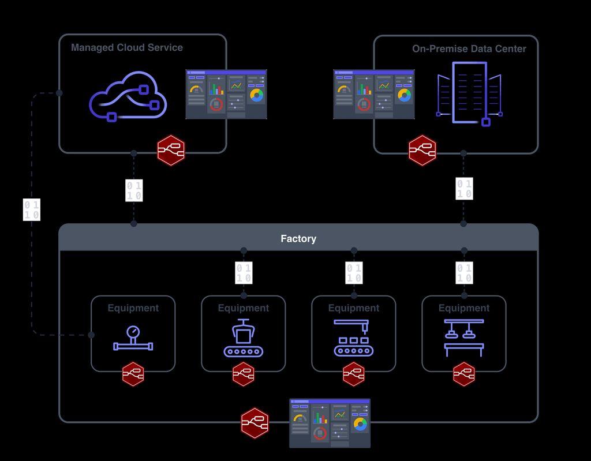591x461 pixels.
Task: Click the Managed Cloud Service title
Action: coord(126,48)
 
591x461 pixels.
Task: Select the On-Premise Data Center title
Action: coord(469,49)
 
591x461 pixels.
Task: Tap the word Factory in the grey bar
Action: coord(298,238)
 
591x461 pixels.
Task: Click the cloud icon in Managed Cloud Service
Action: coord(128,96)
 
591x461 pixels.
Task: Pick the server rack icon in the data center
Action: coord(469,93)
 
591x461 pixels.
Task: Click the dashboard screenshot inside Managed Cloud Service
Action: coord(226,94)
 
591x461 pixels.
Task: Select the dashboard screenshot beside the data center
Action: coord(373,94)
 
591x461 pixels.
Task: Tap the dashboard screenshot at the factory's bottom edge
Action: coord(330,423)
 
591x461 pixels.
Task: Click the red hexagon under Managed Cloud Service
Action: coord(171,151)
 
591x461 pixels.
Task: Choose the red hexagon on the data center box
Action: coord(422,151)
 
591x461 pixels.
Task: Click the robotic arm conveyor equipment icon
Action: coord(354,338)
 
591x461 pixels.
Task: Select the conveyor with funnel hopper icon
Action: coord(243,338)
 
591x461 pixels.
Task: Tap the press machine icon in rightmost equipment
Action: coord(464,338)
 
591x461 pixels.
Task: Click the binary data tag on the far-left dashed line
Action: coord(32,210)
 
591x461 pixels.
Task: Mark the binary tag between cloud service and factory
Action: coord(134,190)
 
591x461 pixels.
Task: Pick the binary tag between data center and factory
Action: coord(464,189)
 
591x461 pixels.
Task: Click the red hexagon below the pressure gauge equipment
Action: coord(133,374)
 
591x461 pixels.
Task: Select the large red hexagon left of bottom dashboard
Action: coord(255,423)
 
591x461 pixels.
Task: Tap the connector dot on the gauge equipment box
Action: coord(91,335)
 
